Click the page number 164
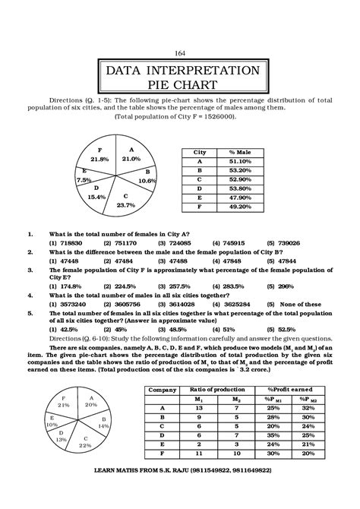[179, 52]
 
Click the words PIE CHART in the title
[179, 84]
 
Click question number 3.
[29, 268]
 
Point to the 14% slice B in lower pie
[103, 426]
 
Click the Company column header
[162, 388]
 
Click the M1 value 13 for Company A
[199, 406]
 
